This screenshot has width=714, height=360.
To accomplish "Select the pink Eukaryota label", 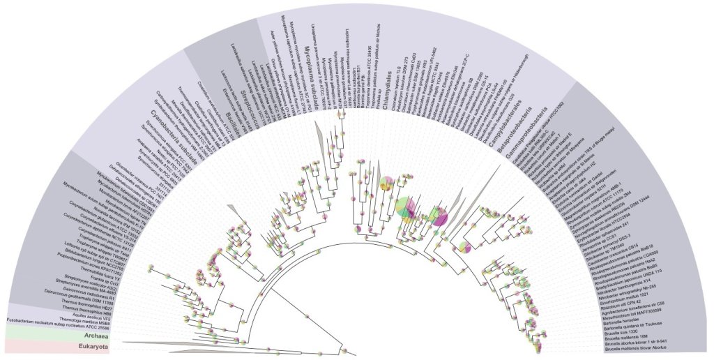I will click(91, 346).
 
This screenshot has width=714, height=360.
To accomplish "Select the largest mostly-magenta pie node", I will click(440, 217).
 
